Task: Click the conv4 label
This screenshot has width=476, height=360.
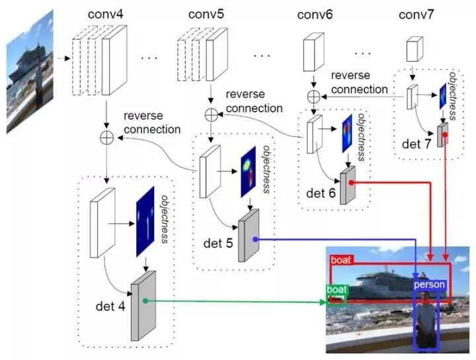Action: pos(105,15)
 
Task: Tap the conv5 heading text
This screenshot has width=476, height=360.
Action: pos(206,15)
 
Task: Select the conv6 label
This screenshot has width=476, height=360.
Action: pos(315,15)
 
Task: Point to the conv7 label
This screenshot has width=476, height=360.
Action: pos(416,15)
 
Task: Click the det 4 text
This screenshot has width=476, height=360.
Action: pos(110,306)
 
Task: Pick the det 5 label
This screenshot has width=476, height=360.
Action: pos(218,243)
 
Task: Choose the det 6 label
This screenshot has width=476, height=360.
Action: pos(321,193)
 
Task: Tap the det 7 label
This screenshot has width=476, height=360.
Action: pos(416,144)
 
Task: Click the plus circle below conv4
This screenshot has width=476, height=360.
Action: pos(106,138)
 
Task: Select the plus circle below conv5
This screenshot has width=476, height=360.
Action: pos(212,115)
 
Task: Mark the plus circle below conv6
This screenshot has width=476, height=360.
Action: pos(313,97)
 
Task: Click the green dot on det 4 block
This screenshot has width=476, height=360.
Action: pos(145,300)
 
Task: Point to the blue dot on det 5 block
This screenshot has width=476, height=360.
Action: pos(255,240)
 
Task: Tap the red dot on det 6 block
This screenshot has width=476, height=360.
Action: pos(351,183)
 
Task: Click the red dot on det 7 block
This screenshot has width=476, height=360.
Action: pos(445,134)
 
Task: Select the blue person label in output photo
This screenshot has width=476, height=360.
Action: pos(429,285)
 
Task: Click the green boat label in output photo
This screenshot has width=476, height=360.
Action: pos(337,289)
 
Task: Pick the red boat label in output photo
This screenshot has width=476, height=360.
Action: pos(341,260)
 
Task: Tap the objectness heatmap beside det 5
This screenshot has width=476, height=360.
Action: pos(249,172)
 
